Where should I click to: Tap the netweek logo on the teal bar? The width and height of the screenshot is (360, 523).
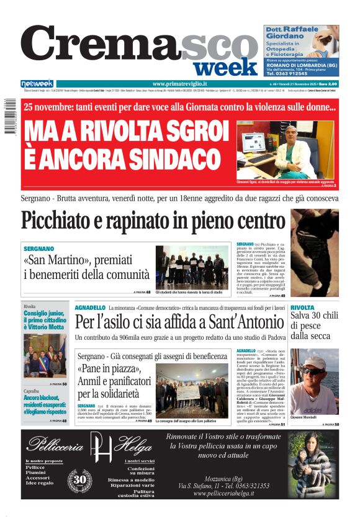point(37,84)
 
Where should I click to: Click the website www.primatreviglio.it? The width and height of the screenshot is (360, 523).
point(179,84)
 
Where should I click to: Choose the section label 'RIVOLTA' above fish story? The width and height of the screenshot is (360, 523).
point(302,307)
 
